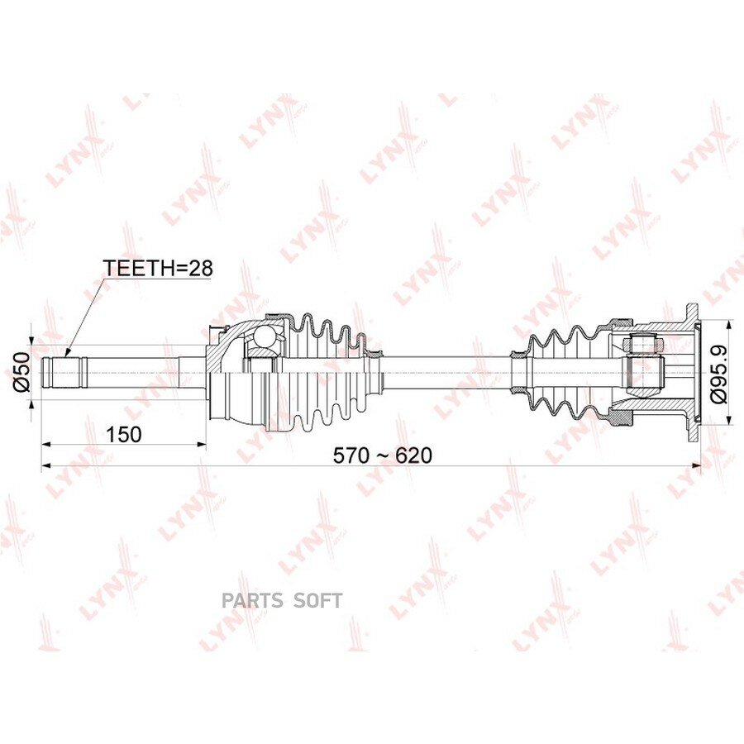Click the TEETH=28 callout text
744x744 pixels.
click(159, 268)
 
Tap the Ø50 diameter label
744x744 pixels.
click(21, 371)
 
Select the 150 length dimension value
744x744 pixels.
click(123, 434)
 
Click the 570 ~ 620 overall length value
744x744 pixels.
click(383, 455)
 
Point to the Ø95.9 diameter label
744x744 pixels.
click(719, 374)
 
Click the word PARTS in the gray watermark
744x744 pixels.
click(250, 601)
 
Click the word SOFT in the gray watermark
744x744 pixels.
click(317, 601)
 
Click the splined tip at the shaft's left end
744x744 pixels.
click(65, 373)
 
